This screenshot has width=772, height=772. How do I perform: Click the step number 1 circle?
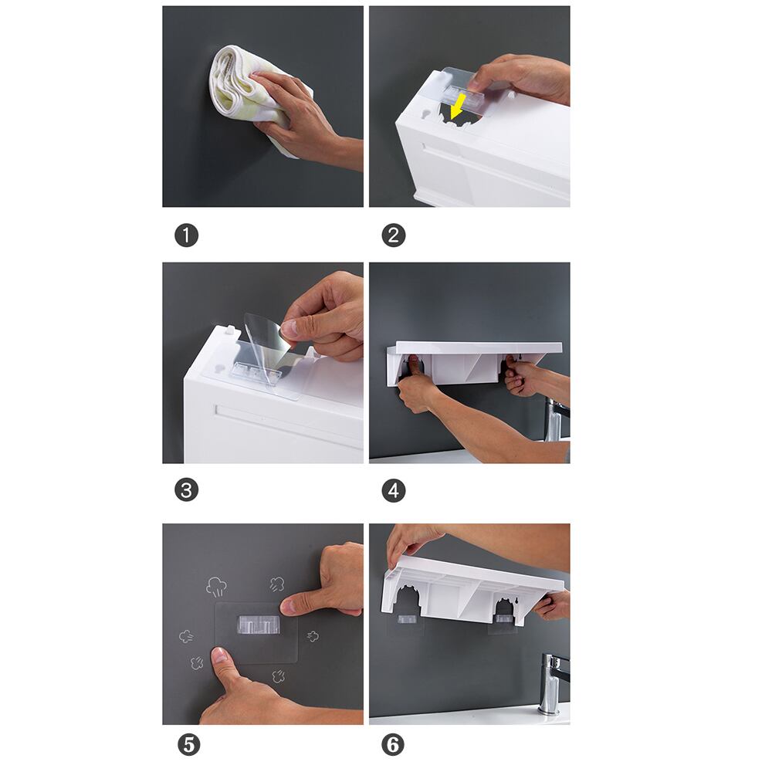coord(186,235)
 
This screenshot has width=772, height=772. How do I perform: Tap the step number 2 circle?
coord(394,235)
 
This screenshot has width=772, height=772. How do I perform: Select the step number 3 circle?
coord(186,490)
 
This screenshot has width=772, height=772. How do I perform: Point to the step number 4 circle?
coord(394,490)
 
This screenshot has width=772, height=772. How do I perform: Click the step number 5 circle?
coord(189,745)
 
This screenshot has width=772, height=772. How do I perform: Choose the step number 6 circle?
coord(393,745)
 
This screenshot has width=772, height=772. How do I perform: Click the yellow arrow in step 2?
coord(458,107)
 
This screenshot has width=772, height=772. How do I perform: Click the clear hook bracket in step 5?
coord(259,625)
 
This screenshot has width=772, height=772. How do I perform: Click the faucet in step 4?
coord(555,421)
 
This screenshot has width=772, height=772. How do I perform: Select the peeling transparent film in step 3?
coord(266,344)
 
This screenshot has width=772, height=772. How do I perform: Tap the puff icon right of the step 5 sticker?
coord(313,636)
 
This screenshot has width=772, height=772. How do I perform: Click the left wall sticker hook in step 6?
coord(405,619)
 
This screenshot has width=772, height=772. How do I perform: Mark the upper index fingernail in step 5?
coord(287,606)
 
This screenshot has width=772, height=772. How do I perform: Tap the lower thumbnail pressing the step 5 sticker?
coord(219,655)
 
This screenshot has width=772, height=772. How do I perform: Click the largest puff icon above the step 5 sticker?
coord(216,587)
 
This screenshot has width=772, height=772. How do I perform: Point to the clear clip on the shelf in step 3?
coord(256,370)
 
